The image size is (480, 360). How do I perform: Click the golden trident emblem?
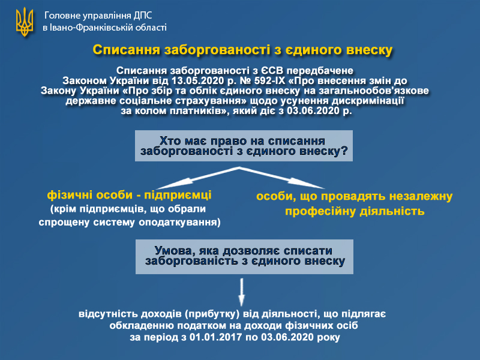click(25, 22)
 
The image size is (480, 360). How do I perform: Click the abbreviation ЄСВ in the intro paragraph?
click(272, 71)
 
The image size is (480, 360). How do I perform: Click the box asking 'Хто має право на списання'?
click(244, 146)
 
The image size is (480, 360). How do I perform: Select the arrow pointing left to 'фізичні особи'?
click(197, 178)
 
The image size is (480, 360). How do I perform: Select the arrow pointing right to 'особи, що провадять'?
click(281, 178)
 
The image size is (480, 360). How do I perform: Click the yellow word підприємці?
click(178, 195)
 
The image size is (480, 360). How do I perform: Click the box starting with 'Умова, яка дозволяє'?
click(244, 257)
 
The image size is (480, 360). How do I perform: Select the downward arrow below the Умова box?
click(242, 292)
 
